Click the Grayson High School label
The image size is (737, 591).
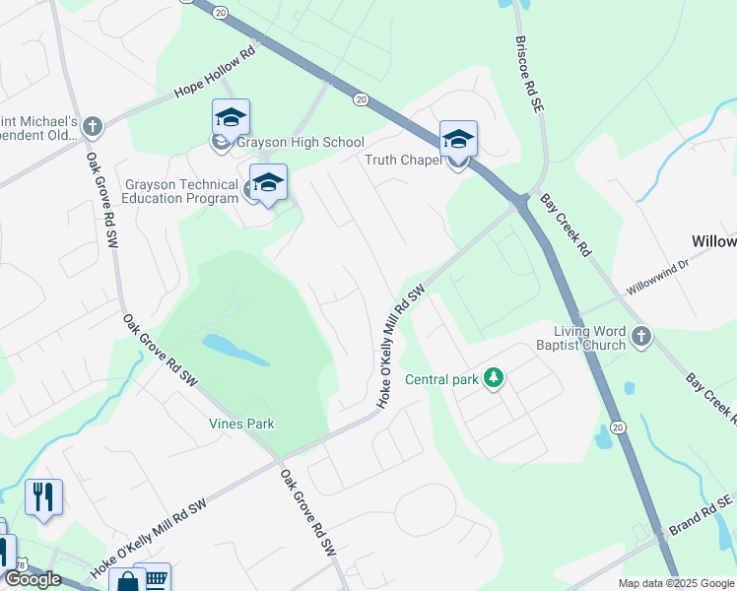(x=300, y=143)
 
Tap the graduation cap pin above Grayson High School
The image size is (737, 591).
(x=231, y=118)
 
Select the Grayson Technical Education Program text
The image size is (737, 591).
(x=181, y=191)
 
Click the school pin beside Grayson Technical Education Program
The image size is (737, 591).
(x=268, y=182)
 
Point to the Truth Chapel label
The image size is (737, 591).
(x=402, y=161)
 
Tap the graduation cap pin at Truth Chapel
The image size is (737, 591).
(x=458, y=139)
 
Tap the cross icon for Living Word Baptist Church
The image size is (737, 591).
(x=641, y=338)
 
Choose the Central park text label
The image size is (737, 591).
(x=441, y=379)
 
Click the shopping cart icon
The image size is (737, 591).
(x=154, y=578)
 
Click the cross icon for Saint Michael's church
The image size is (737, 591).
(x=92, y=127)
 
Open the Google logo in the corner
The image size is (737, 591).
(x=32, y=579)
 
